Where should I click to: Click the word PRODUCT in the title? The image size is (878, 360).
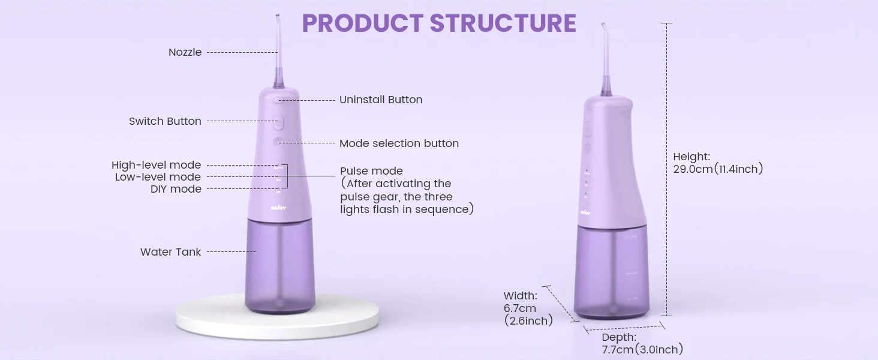pyautogui.click(x=363, y=23)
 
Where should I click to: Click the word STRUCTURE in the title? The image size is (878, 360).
pyautogui.click(x=503, y=23)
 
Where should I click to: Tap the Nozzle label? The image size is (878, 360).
pyautogui.click(x=185, y=52)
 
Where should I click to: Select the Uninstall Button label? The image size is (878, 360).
pyautogui.click(x=381, y=100)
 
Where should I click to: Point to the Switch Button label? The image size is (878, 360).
pyautogui.click(x=165, y=121)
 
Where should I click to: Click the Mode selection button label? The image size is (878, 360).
pyautogui.click(x=399, y=143)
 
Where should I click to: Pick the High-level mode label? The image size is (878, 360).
pyautogui.click(x=157, y=165)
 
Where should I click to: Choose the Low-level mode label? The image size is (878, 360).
pyautogui.click(x=158, y=177)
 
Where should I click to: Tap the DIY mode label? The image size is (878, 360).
pyautogui.click(x=176, y=189)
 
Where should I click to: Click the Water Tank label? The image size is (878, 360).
pyautogui.click(x=170, y=252)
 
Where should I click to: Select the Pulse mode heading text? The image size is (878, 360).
pyautogui.click(x=371, y=171)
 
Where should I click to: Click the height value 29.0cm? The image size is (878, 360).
pyautogui.click(x=693, y=169)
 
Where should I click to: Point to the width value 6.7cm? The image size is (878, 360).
pyautogui.click(x=520, y=308)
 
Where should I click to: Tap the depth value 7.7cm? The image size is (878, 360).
pyautogui.click(x=617, y=349)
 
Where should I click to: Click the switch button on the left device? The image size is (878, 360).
pyautogui.click(x=278, y=123)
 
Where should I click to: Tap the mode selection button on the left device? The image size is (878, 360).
pyautogui.click(x=278, y=142)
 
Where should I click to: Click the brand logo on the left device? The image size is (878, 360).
pyautogui.click(x=278, y=208)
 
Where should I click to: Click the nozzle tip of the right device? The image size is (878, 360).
pyautogui.click(x=603, y=25)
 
